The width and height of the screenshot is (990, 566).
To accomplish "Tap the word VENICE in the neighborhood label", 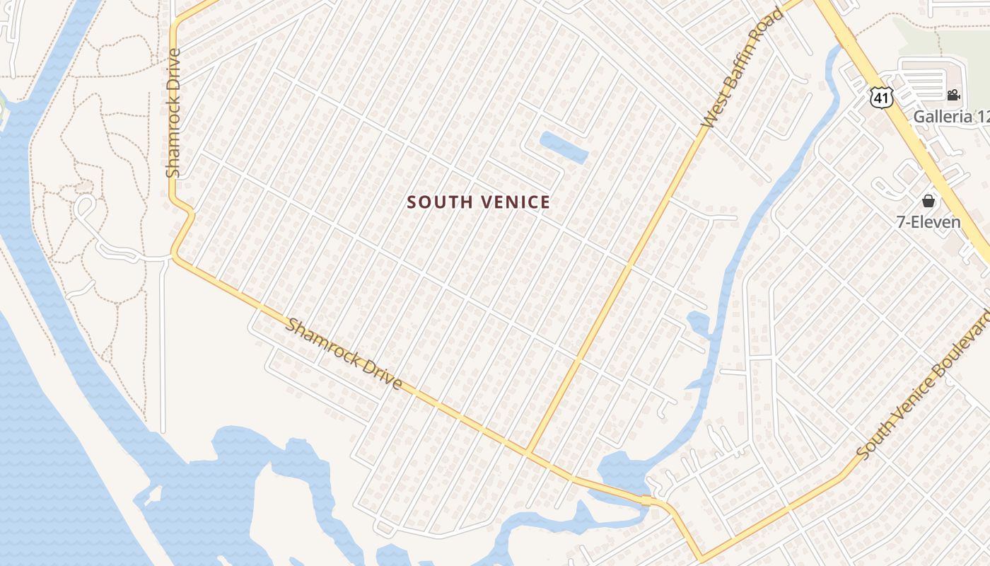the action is pos(515,202).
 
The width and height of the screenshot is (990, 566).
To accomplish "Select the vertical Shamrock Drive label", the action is pos(173,112).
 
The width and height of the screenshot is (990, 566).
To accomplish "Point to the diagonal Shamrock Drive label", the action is pos(344,354).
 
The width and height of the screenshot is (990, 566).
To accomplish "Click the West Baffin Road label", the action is pos(743,68).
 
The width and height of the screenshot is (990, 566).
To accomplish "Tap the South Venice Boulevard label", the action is pos(924,383).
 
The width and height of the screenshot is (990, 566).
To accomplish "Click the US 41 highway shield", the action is pos(881,98).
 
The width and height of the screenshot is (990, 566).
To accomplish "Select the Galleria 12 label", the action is pos(951,117).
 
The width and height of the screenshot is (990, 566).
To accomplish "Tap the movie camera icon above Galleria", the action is pos(954,95).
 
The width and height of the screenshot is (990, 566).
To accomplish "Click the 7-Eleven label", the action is pos(928,221).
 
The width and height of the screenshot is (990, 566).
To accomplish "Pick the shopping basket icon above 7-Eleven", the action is pos(928,202).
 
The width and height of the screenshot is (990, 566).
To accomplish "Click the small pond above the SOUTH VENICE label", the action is pos(564,147).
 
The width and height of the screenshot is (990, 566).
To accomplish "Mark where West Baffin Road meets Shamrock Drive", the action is pos(527,454).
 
